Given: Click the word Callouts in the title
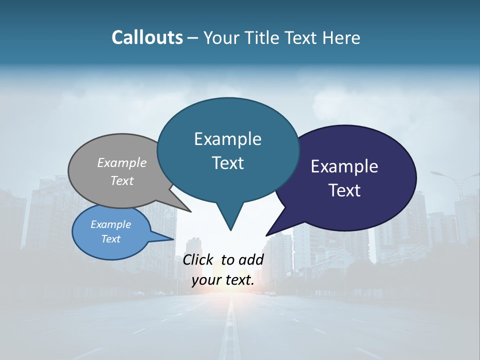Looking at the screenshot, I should (x=147, y=37).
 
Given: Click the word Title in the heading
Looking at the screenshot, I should (x=260, y=37).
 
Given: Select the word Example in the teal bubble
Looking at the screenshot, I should (x=227, y=139).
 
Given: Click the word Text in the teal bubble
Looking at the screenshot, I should (x=227, y=163).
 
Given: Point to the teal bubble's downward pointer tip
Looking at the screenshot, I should (x=230, y=229).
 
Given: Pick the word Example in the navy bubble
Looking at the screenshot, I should (x=344, y=166).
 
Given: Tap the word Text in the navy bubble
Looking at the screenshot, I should (x=344, y=190).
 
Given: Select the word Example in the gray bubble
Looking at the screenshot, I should (x=122, y=162).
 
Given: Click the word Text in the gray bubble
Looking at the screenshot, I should (x=122, y=180).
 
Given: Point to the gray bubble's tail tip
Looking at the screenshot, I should (x=190, y=211).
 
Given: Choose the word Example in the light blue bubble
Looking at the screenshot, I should (x=110, y=224).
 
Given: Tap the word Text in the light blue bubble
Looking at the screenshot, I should (x=110, y=239).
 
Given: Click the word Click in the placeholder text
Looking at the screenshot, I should (x=197, y=259).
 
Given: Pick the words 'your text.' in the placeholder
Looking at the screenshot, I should (x=223, y=280).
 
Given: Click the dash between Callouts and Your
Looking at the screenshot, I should (x=193, y=38).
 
